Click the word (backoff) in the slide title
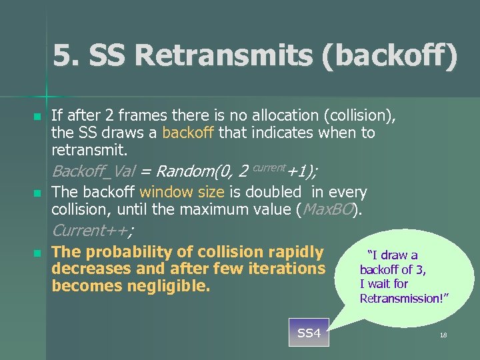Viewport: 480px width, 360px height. coord(389,57)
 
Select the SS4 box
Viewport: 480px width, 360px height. coord(309,333)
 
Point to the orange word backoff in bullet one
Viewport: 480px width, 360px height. coord(188,133)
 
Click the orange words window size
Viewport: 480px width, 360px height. coord(182,192)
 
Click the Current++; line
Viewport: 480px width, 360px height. coord(92,231)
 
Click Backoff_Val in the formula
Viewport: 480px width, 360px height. coord(93,171)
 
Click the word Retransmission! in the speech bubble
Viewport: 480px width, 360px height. coord(405,298)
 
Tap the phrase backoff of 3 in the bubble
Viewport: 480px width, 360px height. coord(393,269)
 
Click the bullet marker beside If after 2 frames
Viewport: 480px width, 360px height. coord(37,117)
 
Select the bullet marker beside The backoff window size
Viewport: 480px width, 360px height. coord(37,193)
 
